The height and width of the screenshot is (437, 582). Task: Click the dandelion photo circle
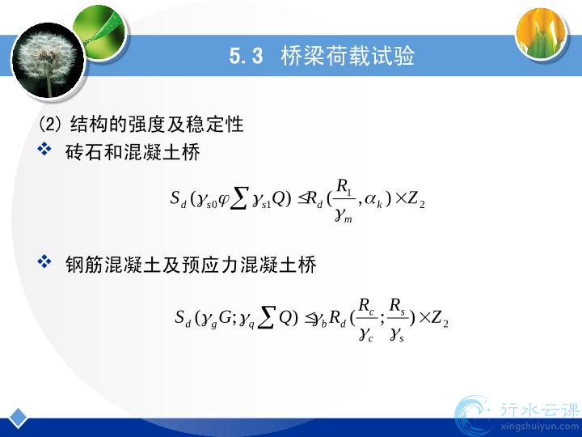pos(48,61)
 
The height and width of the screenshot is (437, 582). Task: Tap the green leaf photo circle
pos(100,32)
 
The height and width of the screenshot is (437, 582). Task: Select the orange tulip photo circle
pos(542,33)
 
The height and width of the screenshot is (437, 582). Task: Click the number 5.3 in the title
pos(246,56)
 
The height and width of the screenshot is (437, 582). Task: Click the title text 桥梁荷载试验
pos(348,56)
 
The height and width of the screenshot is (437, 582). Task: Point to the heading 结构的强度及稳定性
pos(156,124)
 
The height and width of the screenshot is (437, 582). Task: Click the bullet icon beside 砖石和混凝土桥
pos(44,149)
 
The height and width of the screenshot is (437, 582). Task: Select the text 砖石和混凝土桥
pos(133,152)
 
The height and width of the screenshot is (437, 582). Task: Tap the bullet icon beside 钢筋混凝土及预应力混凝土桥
pos(44,261)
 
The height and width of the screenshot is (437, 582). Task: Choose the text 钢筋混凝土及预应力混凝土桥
pos(191,265)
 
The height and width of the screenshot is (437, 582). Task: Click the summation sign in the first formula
pos(238,201)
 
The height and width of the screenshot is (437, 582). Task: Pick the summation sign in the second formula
pos(267,318)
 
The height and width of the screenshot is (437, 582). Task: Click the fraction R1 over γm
pos(344,201)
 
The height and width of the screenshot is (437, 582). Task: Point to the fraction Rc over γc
pos(366,320)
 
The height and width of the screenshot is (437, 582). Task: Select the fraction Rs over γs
pos(397,320)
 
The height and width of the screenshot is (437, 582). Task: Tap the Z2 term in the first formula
pos(416,201)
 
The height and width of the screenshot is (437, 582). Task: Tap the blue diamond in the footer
pos(18,418)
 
